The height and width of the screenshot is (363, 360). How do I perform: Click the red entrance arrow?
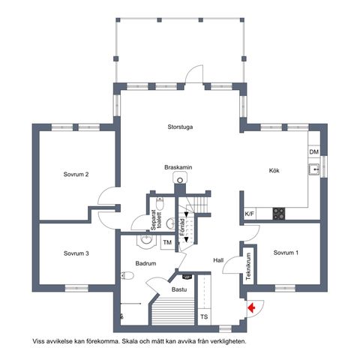coord(251,307)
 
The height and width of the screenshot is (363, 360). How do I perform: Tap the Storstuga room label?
coord(180,127)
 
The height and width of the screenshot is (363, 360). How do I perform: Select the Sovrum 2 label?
coord(76,174)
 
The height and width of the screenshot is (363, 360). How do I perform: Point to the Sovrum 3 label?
coord(76,253)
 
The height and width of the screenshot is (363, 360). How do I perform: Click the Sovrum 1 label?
coord(286,253)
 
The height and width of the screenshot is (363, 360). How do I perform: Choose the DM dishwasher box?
coord(314,151)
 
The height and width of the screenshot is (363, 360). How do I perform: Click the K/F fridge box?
coord(249,214)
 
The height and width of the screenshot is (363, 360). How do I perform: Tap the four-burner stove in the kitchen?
coord(278,214)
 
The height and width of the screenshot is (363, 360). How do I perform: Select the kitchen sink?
coord(314,170)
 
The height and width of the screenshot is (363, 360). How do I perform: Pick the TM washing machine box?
coord(167,242)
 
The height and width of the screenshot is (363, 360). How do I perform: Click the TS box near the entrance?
coord(204,316)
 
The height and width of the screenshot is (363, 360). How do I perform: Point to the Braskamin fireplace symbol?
coord(180,179)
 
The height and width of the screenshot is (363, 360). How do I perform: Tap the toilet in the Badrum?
coord(127,275)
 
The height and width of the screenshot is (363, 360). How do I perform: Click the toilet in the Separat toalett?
coord(160,204)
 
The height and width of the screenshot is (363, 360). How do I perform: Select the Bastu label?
coord(179,289)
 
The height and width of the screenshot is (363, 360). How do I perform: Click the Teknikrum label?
coord(248,266)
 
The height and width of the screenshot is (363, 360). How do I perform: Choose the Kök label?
coord(274,170)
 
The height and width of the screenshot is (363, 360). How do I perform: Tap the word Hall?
coord(218,260)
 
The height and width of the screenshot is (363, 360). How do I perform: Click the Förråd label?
coord(182,227)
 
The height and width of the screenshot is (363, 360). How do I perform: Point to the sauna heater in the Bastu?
coord(187,277)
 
